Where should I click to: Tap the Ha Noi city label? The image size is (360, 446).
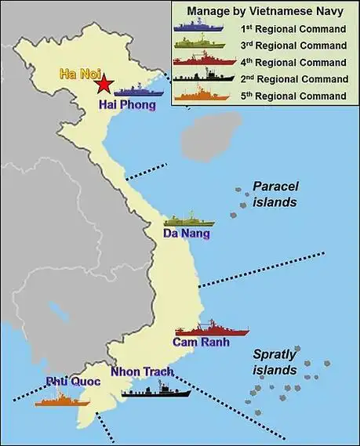[78, 74]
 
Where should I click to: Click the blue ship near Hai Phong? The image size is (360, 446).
[140, 90]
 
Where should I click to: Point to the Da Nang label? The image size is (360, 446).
[186, 233]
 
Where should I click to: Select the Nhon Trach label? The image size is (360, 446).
[142, 372]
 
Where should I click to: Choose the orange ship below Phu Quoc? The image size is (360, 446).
[62, 400]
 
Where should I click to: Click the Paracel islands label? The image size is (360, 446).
[275, 194]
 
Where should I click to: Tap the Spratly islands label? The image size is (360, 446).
[275, 362]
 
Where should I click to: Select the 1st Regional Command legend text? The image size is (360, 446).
[294, 29]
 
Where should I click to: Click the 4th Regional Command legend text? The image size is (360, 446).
[294, 63]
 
